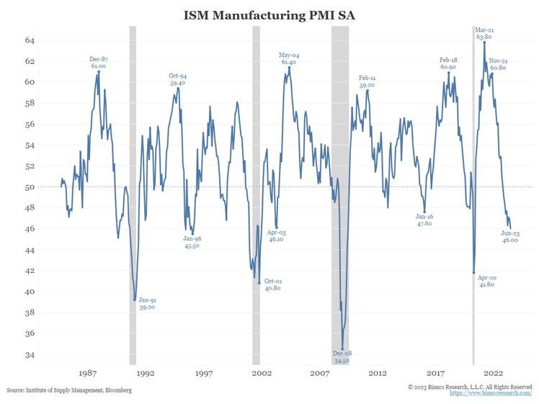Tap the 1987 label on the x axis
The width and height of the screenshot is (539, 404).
(88, 373)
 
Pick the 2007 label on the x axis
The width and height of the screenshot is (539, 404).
(319, 373)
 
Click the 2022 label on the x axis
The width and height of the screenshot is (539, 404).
(493, 373)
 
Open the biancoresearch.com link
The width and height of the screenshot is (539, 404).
(491, 393)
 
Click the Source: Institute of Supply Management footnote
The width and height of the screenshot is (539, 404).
(69, 390)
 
